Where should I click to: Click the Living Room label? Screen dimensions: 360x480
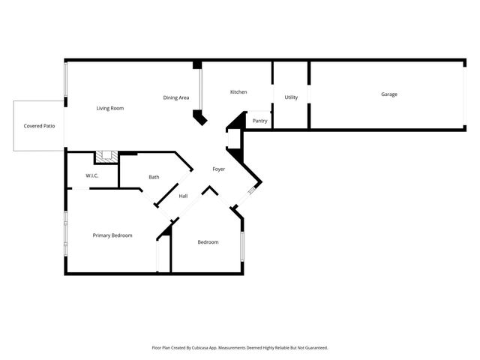[x=109, y=109]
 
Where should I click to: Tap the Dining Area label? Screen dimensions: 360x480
[x=176, y=98]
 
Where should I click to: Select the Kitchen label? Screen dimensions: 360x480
[x=238, y=92]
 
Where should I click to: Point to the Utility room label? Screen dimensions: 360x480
[x=291, y=97]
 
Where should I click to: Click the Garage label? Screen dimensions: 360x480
[x=388, y=94]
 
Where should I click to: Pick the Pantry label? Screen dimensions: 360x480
[x=259, y=121]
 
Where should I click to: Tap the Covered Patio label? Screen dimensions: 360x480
[x=39, y=126]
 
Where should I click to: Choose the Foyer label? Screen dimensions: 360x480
[x=219, y=169]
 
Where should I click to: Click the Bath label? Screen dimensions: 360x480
[x=154, y=177]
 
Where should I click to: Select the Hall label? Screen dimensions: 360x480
[x=183, y=196]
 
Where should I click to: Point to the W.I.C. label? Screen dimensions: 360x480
[x=92, y=176]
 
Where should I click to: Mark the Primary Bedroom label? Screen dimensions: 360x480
[x=112, y=235]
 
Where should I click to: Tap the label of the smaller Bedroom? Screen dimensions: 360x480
[x=208, y=242]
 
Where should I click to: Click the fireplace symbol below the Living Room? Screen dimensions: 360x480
[x=106, y=157]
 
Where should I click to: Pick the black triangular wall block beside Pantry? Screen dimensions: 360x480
[x=238, y=121]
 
